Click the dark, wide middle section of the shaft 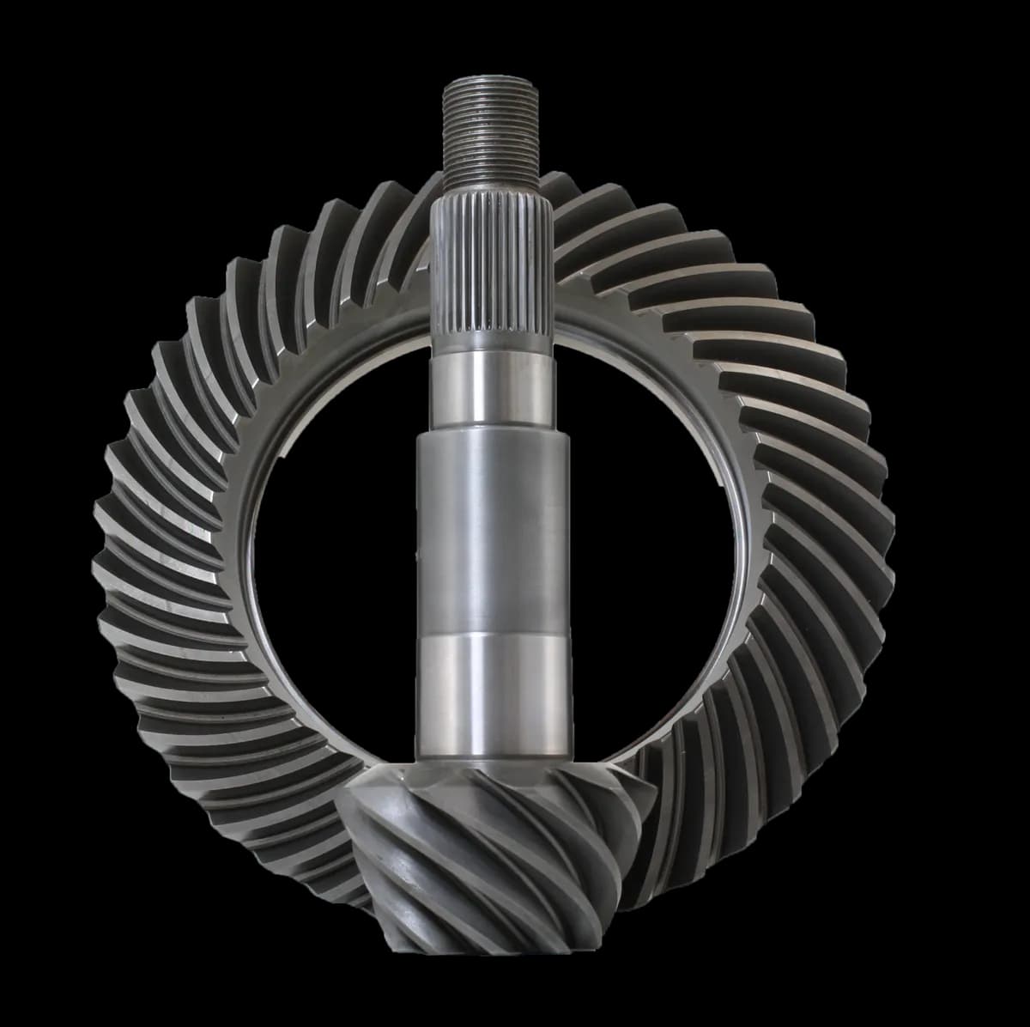click(x=492, y=532)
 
